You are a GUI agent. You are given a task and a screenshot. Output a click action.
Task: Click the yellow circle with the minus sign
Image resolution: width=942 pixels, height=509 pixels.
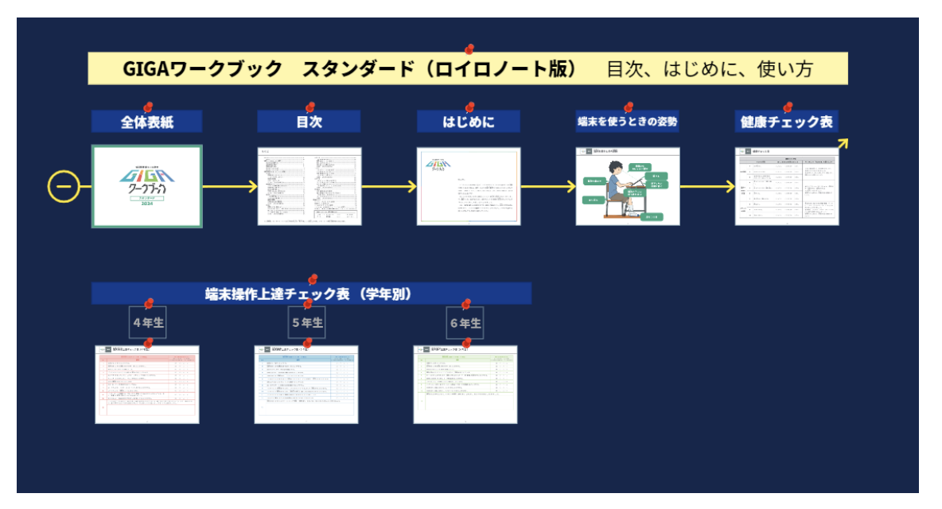tap(64, 187)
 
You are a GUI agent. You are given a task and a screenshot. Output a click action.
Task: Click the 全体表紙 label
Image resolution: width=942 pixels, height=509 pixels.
tap(147, 122)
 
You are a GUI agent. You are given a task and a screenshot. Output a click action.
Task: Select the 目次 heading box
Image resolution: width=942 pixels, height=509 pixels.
tap(309, 122)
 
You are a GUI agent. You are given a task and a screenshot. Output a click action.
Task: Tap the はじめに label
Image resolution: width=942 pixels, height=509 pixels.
tap(469, 122)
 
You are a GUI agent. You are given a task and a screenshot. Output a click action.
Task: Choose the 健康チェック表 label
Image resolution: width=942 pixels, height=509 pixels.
tap(786, 122)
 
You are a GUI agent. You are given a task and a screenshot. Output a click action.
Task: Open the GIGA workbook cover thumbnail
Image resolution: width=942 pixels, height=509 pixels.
tap(147, 186)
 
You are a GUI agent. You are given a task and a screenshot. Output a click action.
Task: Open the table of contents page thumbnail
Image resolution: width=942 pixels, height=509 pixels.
tap(309, 186)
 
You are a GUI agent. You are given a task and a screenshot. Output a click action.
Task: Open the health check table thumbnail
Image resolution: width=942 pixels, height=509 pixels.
tap(786, 186)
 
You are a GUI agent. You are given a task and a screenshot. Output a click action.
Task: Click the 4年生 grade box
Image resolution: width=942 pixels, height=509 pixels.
tap(148, 323)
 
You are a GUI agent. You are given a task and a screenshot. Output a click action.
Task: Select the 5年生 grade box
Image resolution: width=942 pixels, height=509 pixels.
tap(307, 323)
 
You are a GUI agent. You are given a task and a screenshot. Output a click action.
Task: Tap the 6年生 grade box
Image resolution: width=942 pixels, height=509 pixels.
tap(466, 323)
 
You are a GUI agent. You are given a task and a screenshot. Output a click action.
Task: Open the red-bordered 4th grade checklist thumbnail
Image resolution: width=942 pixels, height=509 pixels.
tap(147, 383)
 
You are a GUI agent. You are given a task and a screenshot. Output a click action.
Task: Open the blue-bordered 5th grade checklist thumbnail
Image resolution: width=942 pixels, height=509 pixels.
tap(306, 383)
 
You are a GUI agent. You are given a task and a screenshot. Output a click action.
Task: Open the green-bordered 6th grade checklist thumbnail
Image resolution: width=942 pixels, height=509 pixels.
tap(465, 383)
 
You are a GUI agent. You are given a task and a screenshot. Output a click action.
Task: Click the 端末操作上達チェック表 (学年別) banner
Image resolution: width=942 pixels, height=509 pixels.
tap(311, 293)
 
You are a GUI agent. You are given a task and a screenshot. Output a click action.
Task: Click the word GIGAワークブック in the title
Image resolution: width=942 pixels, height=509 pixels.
tap(203, 69)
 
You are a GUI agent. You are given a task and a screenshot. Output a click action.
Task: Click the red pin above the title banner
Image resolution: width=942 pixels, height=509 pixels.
tap(469, 49)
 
